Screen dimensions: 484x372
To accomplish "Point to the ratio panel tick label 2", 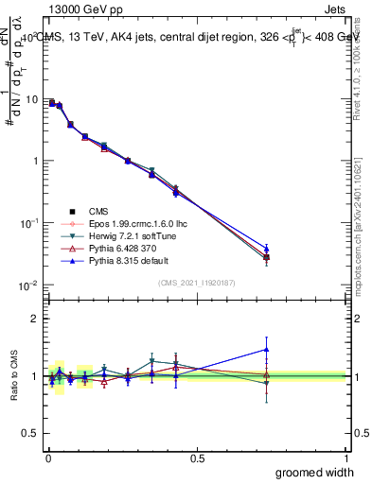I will tap(35, 319).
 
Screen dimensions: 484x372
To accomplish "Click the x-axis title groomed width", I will tap(315, 472).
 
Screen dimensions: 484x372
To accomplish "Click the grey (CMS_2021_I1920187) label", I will tap(196, 283).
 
